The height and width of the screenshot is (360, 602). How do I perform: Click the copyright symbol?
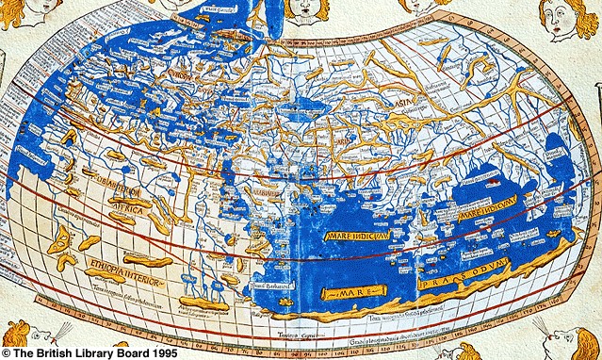(x=6, y=352)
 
